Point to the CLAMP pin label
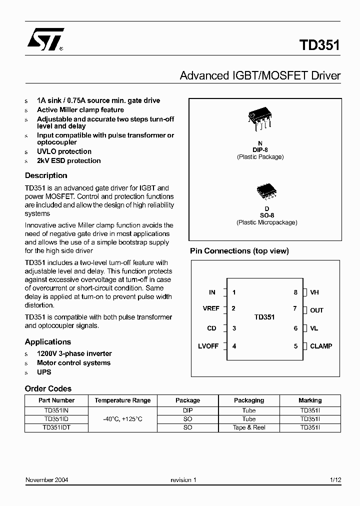click(321, 346)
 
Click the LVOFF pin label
click(207, 346)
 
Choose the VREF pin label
click(211, 308)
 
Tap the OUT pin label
click(316, 310)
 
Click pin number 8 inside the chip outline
click(295, 292)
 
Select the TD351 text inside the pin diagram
click(264, 317)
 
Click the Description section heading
click(46, 175)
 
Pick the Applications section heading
click(48, 342)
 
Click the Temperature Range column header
click(122, 400)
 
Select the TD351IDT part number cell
click(56, 427)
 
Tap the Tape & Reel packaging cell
click(249, 427)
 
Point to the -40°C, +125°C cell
click(122, 419)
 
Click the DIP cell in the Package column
click(187, 409)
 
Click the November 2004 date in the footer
click(47, 480)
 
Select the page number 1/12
click(335, 480)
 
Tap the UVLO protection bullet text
click(64, 151)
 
